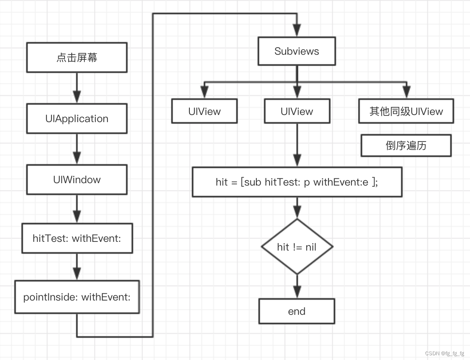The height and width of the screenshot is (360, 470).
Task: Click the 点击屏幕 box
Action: [x=77, y=58]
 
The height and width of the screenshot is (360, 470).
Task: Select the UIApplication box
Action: [x=77, y=119]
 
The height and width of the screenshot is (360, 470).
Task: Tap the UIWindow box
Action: [x=77, y=180]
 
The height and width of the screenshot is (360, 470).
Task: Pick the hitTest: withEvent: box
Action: [x=77, y=238]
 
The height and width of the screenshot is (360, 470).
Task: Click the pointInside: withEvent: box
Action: [x=77, y=297]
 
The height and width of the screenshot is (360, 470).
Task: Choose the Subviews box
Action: [x=296, y=51]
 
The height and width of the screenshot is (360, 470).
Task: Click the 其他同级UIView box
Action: [x=406, y=111]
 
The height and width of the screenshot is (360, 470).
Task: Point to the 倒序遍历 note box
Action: [x=406, y=146]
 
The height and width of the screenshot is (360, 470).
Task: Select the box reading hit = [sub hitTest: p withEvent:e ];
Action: [x=297, y=182]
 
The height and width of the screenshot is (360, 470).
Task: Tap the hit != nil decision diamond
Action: [x=297, y=247]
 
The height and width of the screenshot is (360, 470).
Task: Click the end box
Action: [x=296, y=311]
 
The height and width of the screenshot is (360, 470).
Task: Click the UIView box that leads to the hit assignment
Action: [x=297, y=111]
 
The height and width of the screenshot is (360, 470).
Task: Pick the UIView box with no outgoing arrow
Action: [x=204, y=111]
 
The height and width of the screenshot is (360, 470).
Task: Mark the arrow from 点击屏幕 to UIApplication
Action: [x=77, y=88]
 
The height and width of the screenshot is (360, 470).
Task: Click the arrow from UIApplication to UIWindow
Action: [x=77, y=149]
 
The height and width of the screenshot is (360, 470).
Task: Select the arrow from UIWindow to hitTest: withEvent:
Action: [x=77, y=209]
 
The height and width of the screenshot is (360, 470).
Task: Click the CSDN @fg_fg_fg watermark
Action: [x=444, y=353]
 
